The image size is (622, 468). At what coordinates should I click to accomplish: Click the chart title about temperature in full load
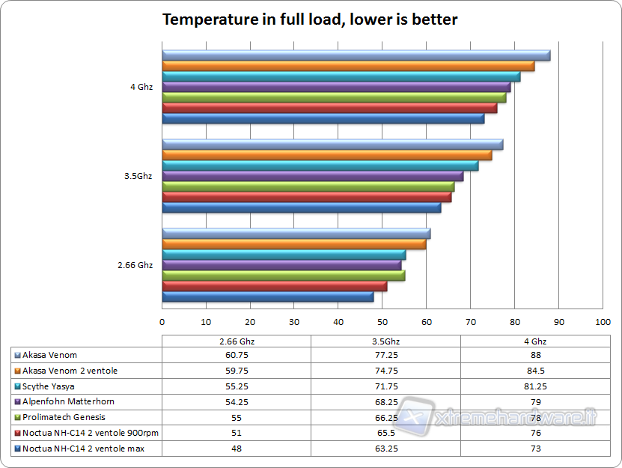(310, 20)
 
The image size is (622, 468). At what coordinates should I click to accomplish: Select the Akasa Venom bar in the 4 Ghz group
(356, 55)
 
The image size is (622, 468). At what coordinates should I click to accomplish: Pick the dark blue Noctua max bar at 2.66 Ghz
(267, 297)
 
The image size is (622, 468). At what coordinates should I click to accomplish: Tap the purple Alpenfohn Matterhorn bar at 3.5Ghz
(312, 177)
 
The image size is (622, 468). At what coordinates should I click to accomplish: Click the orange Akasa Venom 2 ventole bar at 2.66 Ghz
(293, 244)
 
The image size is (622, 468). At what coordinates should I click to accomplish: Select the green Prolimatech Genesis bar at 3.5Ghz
(308, 187)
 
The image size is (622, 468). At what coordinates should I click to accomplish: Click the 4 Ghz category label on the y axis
(141, 87)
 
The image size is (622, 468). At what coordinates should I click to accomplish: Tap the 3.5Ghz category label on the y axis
(138, 177)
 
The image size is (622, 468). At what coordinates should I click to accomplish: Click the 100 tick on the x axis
(603, 322)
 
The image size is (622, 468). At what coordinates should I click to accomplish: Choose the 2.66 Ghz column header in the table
(237, 341)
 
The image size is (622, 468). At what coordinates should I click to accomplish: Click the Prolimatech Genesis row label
(64, 417)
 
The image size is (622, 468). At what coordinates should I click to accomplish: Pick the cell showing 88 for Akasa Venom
(535, 355)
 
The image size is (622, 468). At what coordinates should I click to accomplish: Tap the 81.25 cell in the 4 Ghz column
(535, 386)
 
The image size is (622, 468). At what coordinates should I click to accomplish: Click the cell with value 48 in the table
(237, 449)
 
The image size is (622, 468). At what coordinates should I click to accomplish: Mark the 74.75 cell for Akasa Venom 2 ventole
(385, 371)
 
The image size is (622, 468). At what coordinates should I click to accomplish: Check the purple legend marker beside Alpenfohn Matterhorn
(17, 402)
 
